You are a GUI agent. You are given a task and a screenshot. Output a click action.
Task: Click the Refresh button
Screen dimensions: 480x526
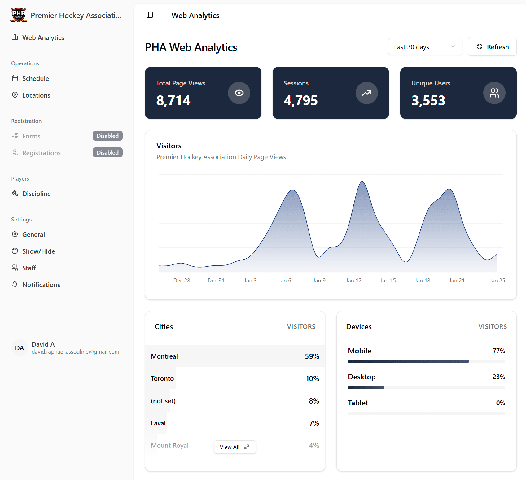coord(492,47)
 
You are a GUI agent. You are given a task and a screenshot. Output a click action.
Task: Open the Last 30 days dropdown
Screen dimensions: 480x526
coord(425,47)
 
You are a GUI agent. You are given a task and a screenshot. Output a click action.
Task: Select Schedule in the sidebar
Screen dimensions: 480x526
coord(35,79)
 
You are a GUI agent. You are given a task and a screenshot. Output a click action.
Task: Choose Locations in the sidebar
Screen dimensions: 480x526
coord(36,95)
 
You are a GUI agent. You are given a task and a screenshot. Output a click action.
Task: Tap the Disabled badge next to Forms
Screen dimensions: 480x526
coord(107,136)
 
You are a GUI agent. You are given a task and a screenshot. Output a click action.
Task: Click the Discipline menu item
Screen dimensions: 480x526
coord(36,194)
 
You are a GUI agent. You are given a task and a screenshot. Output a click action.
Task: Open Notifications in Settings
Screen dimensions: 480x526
coord(41,285)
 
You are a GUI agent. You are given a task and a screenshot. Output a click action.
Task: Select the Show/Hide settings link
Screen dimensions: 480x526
coord(38,251)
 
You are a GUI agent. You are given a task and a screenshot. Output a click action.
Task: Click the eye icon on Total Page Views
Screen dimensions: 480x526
coord(239,93)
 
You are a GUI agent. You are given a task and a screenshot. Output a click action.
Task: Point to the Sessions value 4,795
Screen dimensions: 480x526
coord(300,101)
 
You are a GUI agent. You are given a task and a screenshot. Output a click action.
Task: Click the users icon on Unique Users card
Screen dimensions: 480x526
coord(494,93)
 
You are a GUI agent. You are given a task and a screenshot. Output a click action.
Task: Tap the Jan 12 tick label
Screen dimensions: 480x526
coord(353,281)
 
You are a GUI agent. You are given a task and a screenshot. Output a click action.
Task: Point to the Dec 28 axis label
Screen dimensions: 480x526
coord(182,281)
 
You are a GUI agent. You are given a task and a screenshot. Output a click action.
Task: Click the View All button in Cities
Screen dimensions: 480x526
coord(235,447)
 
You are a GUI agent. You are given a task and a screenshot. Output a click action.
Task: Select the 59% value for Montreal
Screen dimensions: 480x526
coord(312,356)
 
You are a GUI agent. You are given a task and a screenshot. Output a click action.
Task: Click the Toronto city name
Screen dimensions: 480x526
coord(162,379)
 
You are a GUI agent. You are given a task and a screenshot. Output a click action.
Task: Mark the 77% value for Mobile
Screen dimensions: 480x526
coord(498,351)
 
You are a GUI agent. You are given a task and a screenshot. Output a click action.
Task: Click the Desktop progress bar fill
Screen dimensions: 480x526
coord(366,387)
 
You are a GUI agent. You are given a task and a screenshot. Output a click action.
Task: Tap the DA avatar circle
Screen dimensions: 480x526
coord(20,348)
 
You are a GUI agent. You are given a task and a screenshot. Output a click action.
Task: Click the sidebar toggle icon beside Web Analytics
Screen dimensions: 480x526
coord(150,15)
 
